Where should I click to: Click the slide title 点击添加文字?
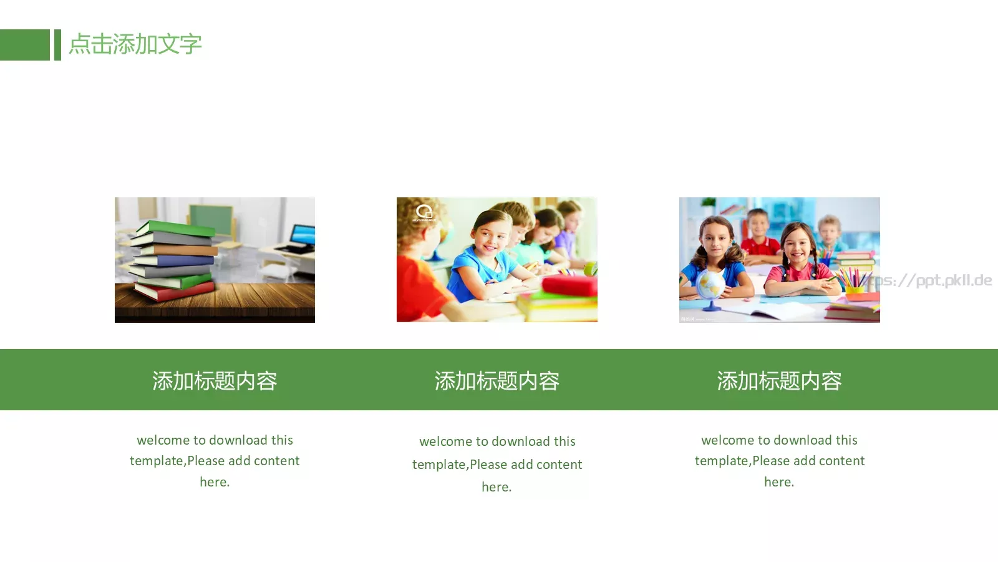[x=135, y=44]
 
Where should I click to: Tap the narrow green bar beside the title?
[x=57, y=45]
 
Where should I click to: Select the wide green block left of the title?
[x=24, y=45]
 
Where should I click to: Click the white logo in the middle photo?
[x=424, y=213]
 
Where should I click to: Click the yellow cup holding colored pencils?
[x=855, y=288]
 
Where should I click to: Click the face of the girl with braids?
[x=798, y=247]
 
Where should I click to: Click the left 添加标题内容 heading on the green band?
[x=215, y=380]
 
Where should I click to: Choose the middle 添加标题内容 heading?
[x=497, y=380]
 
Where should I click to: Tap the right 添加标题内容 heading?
[x=779, y=380]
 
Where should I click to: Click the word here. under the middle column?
[x=497, y=487]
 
